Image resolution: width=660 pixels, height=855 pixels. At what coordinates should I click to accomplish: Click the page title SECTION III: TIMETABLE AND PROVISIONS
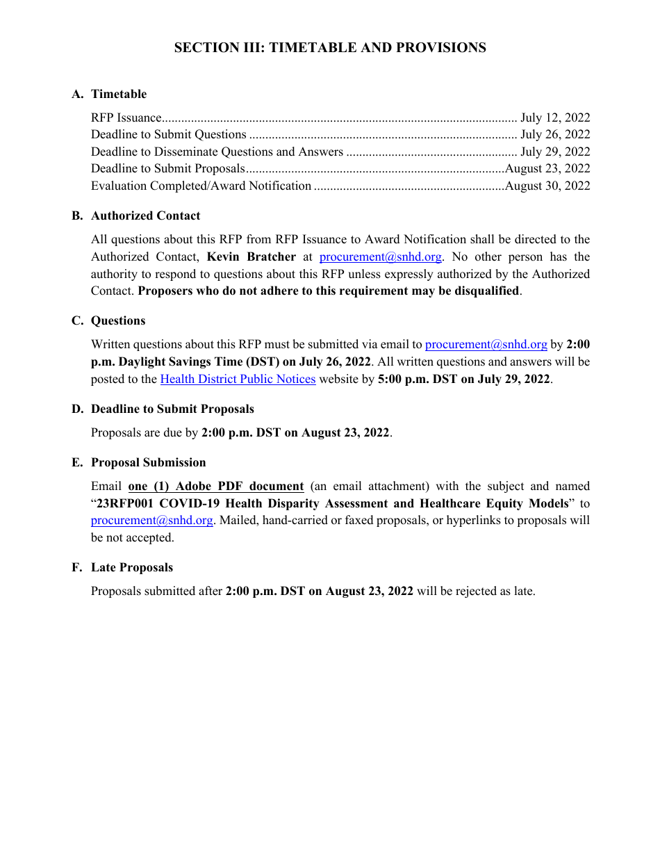pos(330,48)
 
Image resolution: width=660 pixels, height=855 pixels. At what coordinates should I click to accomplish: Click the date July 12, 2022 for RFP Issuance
pos(555,118)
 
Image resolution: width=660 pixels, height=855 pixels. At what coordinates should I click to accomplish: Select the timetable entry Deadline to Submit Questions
pos(169,135)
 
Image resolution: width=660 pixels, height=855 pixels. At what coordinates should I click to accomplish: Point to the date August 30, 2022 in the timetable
pos(547,186)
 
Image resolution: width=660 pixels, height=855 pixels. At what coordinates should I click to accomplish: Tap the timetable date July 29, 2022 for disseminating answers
pos(555,152)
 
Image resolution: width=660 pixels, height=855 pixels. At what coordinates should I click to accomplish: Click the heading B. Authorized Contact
pos(136,216)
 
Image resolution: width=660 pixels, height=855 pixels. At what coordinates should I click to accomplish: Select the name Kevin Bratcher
pos(251,257)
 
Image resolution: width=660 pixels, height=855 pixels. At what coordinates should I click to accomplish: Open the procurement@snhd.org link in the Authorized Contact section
pos(380,257)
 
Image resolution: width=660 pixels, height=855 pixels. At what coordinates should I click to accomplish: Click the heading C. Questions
pos(109,321)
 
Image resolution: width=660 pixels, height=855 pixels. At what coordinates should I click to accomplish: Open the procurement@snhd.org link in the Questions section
pos(486,345)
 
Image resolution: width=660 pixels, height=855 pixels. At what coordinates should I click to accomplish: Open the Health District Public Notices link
pos(238,380)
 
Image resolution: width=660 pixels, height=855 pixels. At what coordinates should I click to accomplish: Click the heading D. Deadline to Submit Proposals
pos(163,409)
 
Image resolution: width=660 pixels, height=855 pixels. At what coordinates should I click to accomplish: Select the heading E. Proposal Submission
pos(139,463)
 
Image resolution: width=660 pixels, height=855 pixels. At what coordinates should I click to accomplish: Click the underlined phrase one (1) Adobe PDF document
pos(216,487)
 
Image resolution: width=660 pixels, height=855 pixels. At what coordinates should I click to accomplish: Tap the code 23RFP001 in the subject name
pos(124,504)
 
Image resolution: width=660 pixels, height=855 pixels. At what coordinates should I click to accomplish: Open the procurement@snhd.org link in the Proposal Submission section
pos(151,521)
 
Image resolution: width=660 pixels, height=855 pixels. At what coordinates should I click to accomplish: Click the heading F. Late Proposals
pos(122,568)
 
